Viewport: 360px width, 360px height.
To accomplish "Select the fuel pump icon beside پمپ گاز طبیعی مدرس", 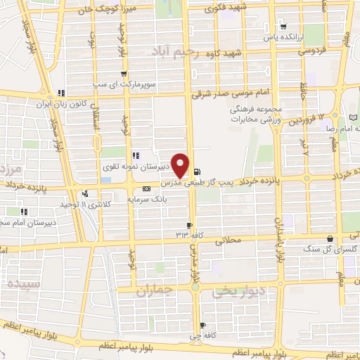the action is pyautogui.click(x=196, y=172).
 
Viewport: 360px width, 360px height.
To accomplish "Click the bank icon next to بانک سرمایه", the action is pyautogui.click(x=146, y=188).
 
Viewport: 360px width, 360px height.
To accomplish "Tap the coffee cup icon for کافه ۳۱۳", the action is pyautogui.click(x=188, y=225).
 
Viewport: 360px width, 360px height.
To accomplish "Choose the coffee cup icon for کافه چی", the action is pyautogui.click(x=202, y=325).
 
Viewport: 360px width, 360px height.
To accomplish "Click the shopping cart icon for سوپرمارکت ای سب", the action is pyautogui.click(x=124, y=73).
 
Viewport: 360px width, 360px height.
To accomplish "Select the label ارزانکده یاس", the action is pyautogui.click(x=282, y=36).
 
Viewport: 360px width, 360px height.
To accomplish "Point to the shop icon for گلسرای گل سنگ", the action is pyautogui.click(x=330, y=239).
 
